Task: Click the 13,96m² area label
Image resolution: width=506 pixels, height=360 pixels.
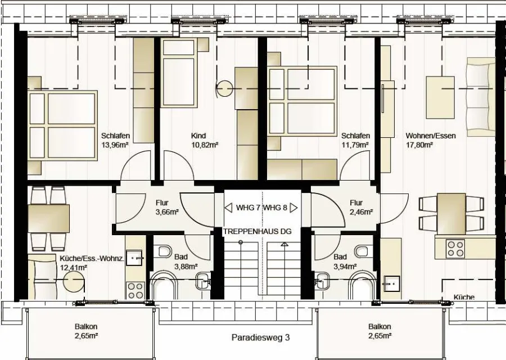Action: (115, 145)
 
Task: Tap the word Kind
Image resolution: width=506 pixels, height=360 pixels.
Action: (198, 136)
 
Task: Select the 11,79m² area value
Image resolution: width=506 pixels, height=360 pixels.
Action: (355, 145)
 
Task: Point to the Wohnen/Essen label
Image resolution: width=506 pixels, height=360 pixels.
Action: (431, 136)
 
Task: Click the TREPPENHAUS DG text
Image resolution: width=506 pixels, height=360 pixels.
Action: (257, 231)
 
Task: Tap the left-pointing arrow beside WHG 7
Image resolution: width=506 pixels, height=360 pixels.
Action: (228, 208)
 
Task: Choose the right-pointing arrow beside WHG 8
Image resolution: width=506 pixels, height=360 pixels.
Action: (293, 208)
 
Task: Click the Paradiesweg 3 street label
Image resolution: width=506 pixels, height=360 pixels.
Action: (261, 337)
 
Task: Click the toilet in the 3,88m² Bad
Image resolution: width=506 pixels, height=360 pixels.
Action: (165, 251)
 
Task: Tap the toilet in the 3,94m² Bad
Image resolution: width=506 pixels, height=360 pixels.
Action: (361, 251)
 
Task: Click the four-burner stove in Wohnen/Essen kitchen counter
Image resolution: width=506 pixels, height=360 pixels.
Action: (455, 248)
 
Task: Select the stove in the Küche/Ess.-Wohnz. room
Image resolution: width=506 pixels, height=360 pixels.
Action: (135, 291)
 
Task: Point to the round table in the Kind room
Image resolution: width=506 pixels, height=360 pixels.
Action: (224, 89)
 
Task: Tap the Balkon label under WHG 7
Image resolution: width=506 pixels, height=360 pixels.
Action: (86, 327)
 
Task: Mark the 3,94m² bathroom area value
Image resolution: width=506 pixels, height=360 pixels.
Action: (345, 267)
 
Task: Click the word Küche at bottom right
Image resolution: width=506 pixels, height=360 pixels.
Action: (464, 297)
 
